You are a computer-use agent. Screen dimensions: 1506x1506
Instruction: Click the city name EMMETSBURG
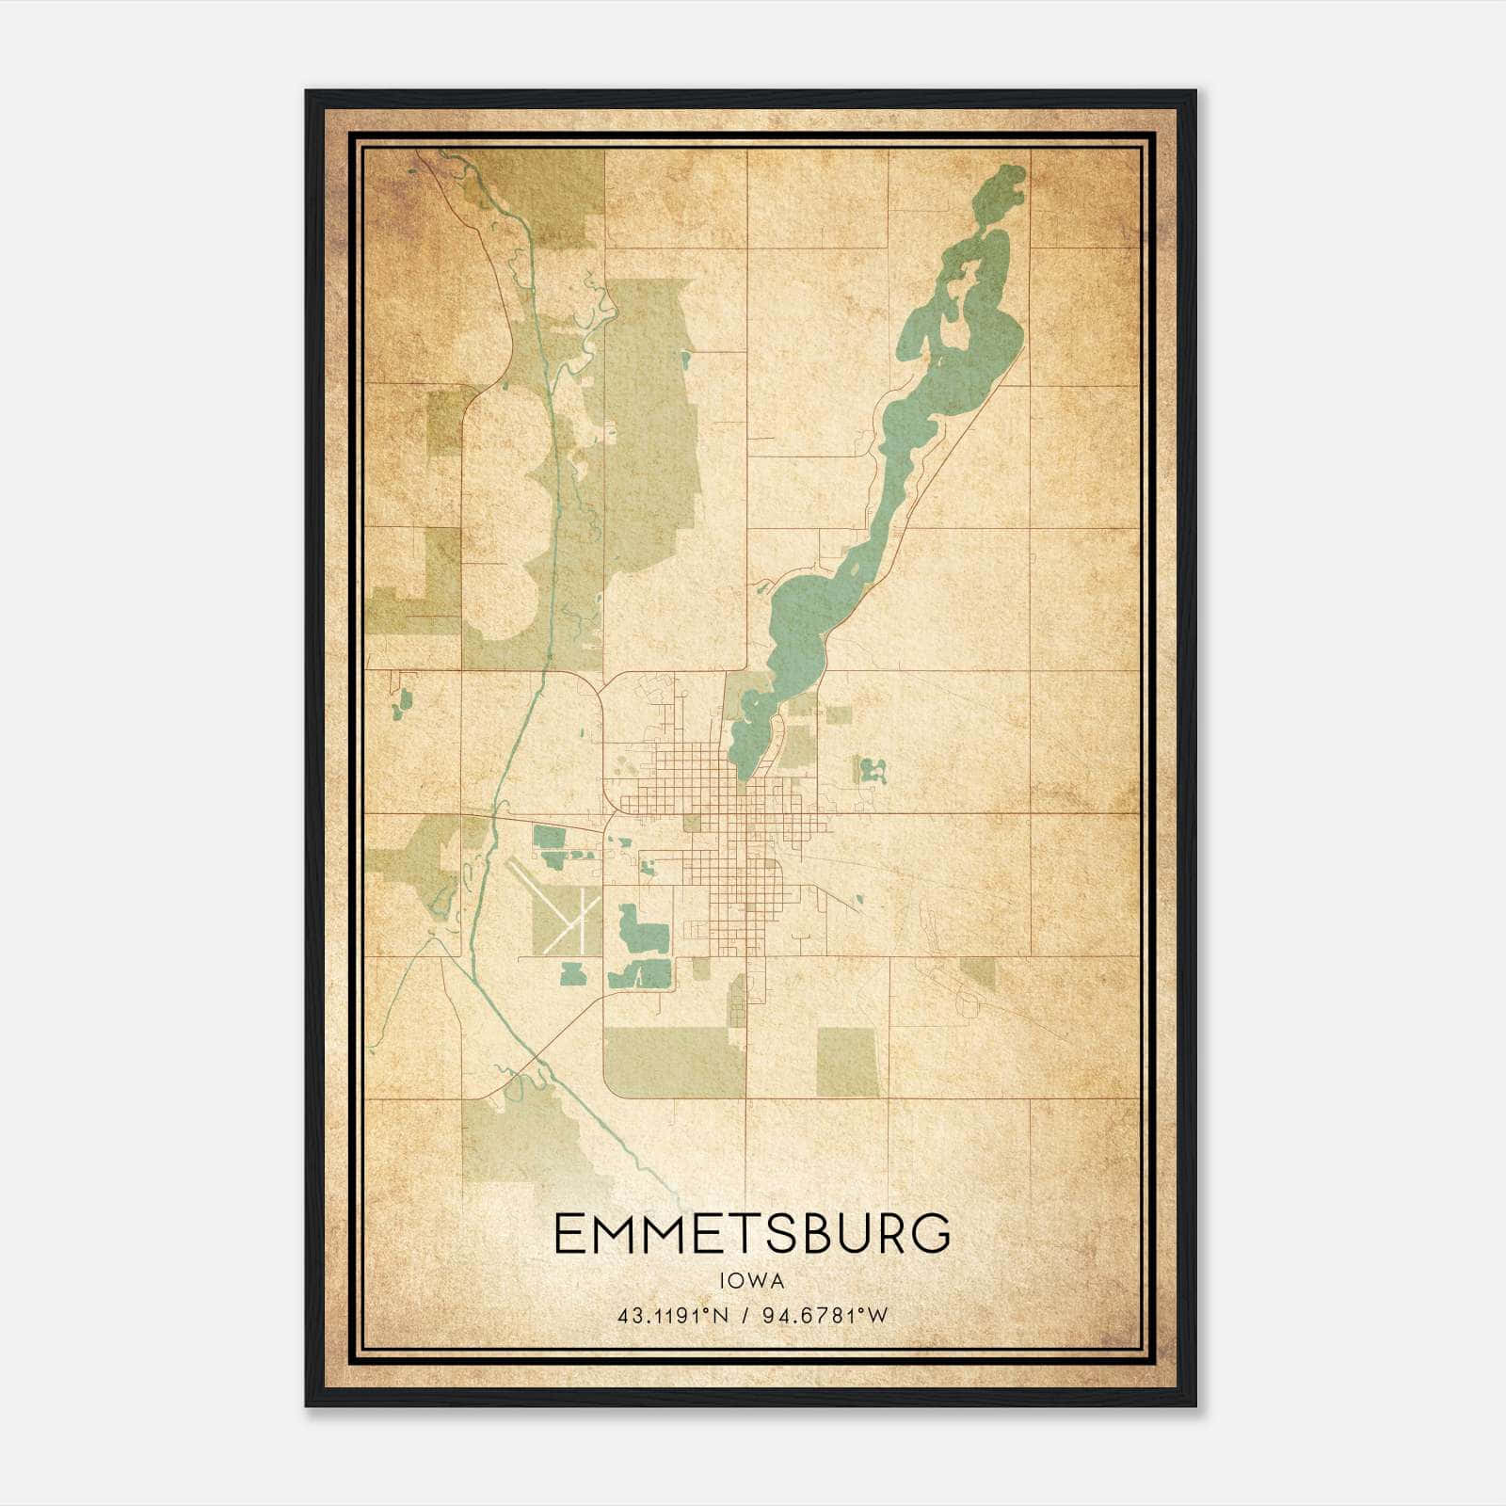click(x=752, y=1234)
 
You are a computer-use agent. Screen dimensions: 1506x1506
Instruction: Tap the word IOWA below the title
click(x=751, y=1281)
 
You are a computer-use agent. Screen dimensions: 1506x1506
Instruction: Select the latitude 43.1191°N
click(x=673, y=1316)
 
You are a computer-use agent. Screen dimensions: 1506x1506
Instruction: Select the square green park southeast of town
click(x=847, y=1062)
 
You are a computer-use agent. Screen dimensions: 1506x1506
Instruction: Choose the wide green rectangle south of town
click(x=674, y=1062)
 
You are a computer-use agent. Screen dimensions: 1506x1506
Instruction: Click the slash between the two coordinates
click(x=745, y=1316)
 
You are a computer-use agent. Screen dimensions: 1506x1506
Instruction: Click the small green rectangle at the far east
click(x=977, y=973)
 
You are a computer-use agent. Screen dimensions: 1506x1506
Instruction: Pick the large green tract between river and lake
click(x=649, y=424)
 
